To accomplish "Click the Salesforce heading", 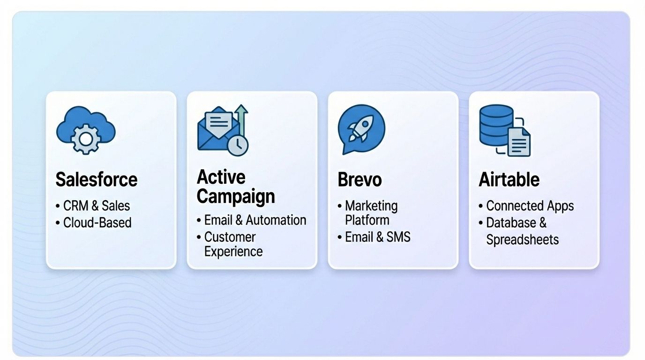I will [x=97, y=180].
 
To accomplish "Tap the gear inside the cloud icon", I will [x=85, y=139].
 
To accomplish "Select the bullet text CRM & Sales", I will [x=97, y=206].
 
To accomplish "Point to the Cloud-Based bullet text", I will [x=97, y=222].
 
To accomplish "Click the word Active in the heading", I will [x=221, y=177].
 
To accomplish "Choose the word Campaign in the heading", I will [x=236, y=196].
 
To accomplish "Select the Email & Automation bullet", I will [x=255, y=220].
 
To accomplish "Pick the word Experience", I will [x=233, y=251].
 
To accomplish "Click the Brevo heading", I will [x=360, y=180].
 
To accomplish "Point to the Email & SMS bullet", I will [x=377, y=237].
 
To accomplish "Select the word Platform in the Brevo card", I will [x=367, y=219].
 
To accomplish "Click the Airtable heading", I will [x=509, y=180].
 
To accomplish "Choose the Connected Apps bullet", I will [x=530, y=206].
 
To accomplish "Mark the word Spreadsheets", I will [x=522, y=240].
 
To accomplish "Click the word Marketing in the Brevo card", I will [x=371, y=206].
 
